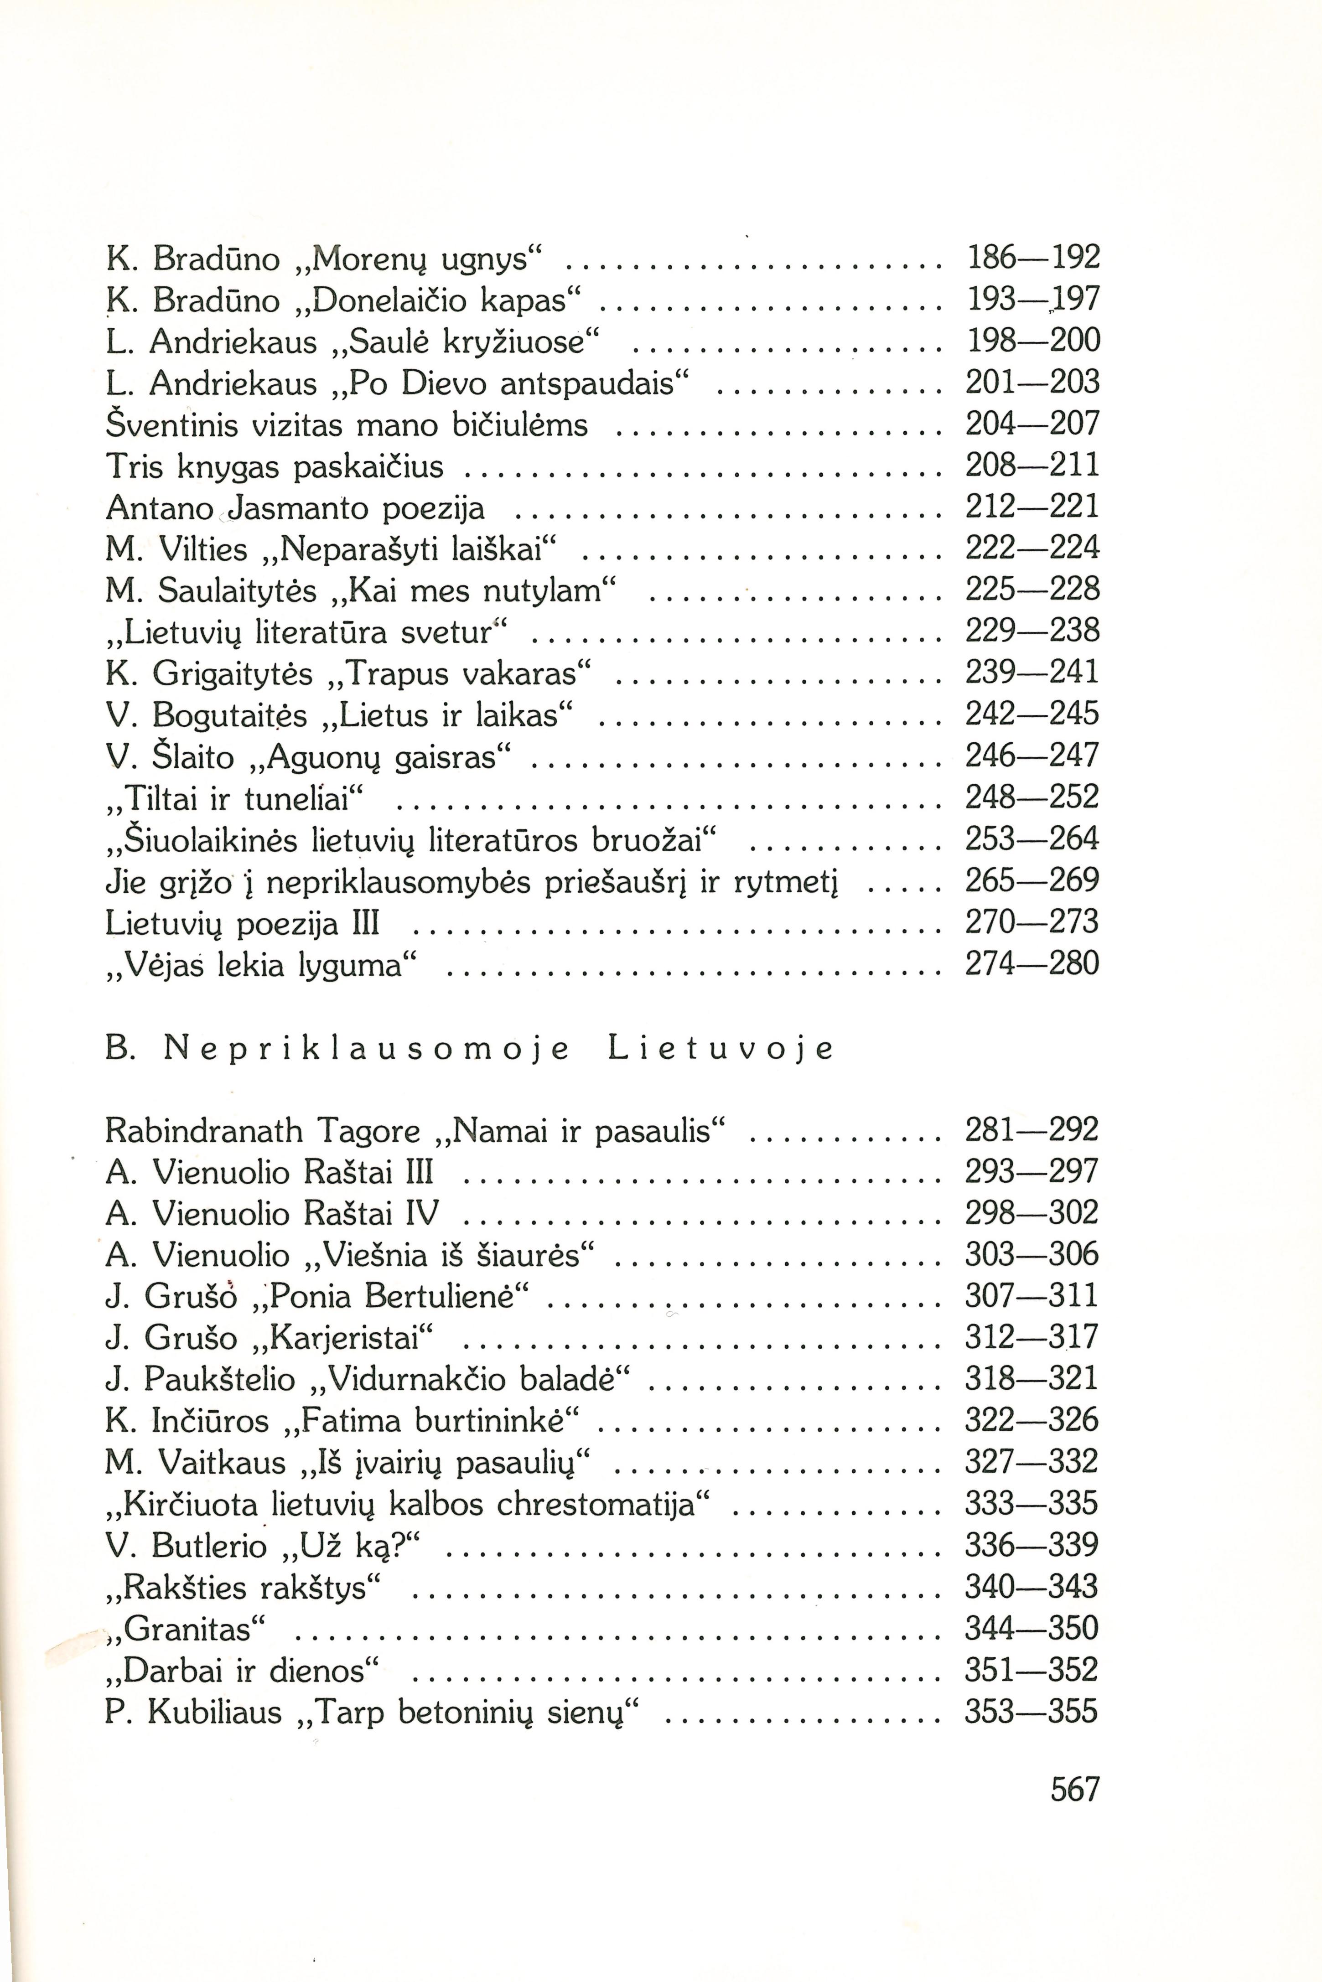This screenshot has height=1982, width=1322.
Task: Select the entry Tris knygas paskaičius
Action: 274,466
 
